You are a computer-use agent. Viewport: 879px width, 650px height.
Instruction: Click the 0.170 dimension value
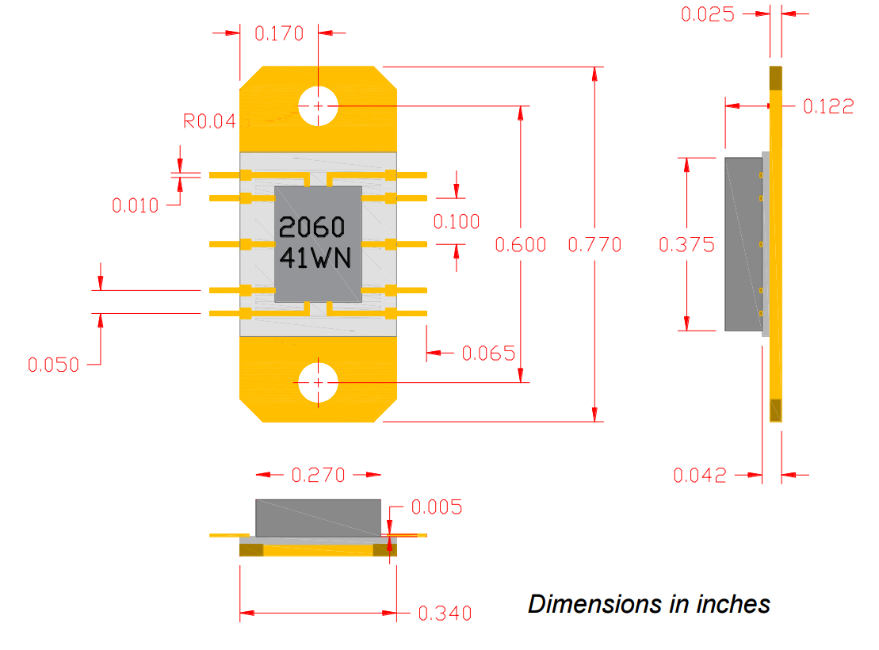(x=279, y=33)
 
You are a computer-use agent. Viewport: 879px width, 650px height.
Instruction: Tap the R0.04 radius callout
(x=209, y=121)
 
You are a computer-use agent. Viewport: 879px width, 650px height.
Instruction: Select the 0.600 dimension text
(x=521, y=245)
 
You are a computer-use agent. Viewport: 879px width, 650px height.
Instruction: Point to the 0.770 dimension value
(x=595, y=245)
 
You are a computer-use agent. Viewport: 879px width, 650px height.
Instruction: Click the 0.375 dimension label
(x=686, y=245)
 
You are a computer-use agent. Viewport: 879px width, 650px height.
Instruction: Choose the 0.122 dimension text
(x=829, y=106)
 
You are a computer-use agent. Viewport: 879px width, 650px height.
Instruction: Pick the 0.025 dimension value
(x=708, y=14)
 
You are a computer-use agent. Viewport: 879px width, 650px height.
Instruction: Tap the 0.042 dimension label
(x=700, y=475)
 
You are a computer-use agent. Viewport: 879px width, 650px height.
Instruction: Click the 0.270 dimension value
(x=319, y=475)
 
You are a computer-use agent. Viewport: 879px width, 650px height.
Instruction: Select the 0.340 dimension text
(x=445, y=613)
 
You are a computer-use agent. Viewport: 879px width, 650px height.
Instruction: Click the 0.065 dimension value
(x=488, y=353)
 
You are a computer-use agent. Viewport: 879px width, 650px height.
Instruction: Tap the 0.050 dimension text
(x=54, y=365)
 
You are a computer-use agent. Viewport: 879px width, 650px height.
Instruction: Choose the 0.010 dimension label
(x=135, y=206)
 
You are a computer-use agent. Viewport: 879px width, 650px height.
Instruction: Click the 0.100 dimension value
(x=457, y=222)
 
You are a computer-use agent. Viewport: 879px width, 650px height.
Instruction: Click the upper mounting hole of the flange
(x=318, y=105)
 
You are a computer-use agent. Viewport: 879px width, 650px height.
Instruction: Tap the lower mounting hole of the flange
(x=318, y=383)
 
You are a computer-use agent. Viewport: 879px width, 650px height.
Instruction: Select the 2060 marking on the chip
(x=312, y=228)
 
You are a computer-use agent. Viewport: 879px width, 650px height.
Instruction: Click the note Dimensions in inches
(x=649, y=604)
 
